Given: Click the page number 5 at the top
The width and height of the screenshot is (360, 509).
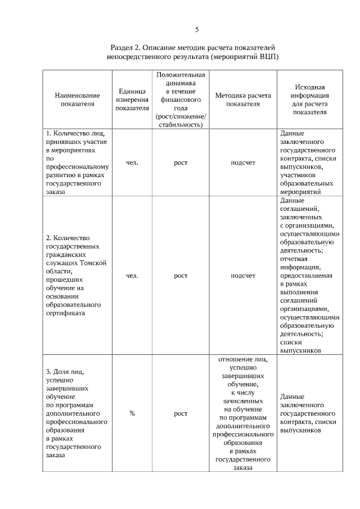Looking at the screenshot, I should tap(197, 29).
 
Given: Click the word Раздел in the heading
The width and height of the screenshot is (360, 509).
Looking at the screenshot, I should tap(122, 48).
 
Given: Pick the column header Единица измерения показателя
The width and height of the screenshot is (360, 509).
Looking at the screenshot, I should tap(132, 100).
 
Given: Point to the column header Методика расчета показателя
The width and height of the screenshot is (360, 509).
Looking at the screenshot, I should tap(243, 100).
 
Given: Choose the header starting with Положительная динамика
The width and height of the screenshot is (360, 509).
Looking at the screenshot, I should tap(180, 100).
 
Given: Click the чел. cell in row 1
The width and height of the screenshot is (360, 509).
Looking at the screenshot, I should tap(132, 163).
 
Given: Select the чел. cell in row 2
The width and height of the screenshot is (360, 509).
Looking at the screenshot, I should tap(132, 276).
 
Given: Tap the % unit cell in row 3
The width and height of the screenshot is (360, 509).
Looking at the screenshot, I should tap(132, 413).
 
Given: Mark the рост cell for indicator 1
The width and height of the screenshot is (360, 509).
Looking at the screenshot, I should tap(180, 163).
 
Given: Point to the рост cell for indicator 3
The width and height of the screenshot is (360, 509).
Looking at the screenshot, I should tap(180, 413).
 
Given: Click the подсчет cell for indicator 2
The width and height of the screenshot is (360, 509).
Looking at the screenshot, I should tap(243, 276).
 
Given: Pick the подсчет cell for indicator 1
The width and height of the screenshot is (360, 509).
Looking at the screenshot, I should tap(243, 163).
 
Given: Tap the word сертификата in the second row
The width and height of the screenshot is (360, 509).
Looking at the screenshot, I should tap(65, 313).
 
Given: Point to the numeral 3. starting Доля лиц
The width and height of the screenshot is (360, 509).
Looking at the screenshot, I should tap(48, 372).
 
